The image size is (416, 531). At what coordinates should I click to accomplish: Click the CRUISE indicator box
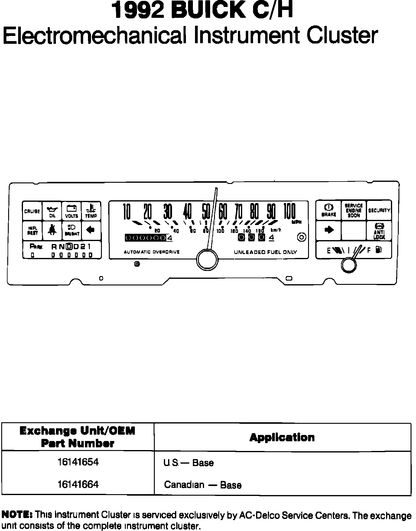click(x=32, y=211)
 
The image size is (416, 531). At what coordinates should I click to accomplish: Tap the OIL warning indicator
click(x=52, y=211)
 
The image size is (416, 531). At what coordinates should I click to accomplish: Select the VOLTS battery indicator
click(x=72, y=211)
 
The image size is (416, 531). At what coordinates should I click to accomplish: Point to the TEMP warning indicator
click(x=91, y=211)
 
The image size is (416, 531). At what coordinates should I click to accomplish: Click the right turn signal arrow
click(x=329, y=230)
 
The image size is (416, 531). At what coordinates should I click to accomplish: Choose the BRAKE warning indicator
click(x=329, y=210)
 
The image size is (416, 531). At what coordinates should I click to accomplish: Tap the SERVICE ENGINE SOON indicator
click(x=353, y=210)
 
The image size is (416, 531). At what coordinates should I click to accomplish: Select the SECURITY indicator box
click(x=379, y=210)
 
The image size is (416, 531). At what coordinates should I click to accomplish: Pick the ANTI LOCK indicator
click(x=379, y=231)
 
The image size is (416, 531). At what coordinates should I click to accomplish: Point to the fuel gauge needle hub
click(x=349, y=265)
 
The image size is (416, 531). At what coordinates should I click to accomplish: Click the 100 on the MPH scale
click(x=289, y=211)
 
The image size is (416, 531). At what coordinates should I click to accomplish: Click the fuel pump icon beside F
click(x=379, y=250)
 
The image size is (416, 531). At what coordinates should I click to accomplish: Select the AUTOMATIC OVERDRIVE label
click(x=152, y=252)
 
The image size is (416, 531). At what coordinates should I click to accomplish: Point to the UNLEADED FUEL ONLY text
click(x=265, y=252)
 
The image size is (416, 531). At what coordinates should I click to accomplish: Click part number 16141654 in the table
click(x=78, y=462)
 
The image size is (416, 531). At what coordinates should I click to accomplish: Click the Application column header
click(x=282, y=437)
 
